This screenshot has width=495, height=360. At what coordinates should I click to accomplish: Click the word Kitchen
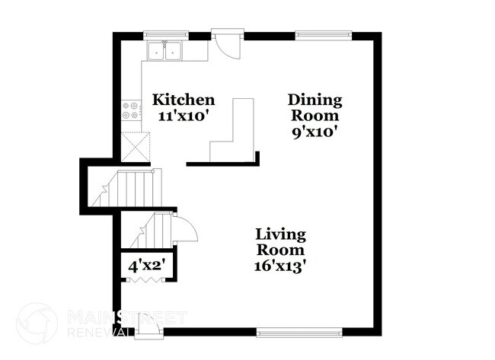pyautogui.click(x=184, y=100)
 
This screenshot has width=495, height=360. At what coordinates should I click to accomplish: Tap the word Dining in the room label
pyautogui.click(x=314, y=100)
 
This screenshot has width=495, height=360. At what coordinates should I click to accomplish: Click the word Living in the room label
pyautogui.click(x=280, y=234)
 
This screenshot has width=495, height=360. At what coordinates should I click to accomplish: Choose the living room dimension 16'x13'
pyautogui.click(x=280, y=266)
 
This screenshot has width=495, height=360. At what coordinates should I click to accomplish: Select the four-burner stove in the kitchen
pyautogui.click(x=130, y=111)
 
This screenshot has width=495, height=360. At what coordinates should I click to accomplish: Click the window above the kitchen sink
pyautogui.click(x=166, y=34)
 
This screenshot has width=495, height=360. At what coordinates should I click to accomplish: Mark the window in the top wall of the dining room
pyautogui.click(x=324, y=34)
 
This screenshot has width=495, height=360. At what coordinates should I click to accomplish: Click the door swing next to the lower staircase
pyautogui.click(x=185, y=228)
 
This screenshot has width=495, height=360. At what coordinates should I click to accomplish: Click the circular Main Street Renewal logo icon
pyautogui.click(x=37, y=323)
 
